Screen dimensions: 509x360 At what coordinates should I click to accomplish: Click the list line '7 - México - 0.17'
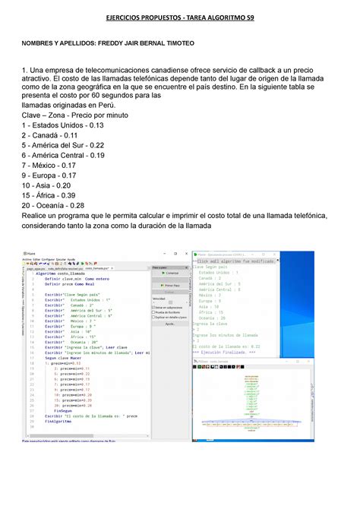52,164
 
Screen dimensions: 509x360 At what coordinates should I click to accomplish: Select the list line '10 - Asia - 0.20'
49,185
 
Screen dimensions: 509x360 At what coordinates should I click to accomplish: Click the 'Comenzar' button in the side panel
171,272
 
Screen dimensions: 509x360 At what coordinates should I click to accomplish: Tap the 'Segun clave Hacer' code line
65,359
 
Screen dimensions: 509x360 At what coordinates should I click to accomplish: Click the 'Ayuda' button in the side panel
171,323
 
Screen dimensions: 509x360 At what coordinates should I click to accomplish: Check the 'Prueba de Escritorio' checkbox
154,311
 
